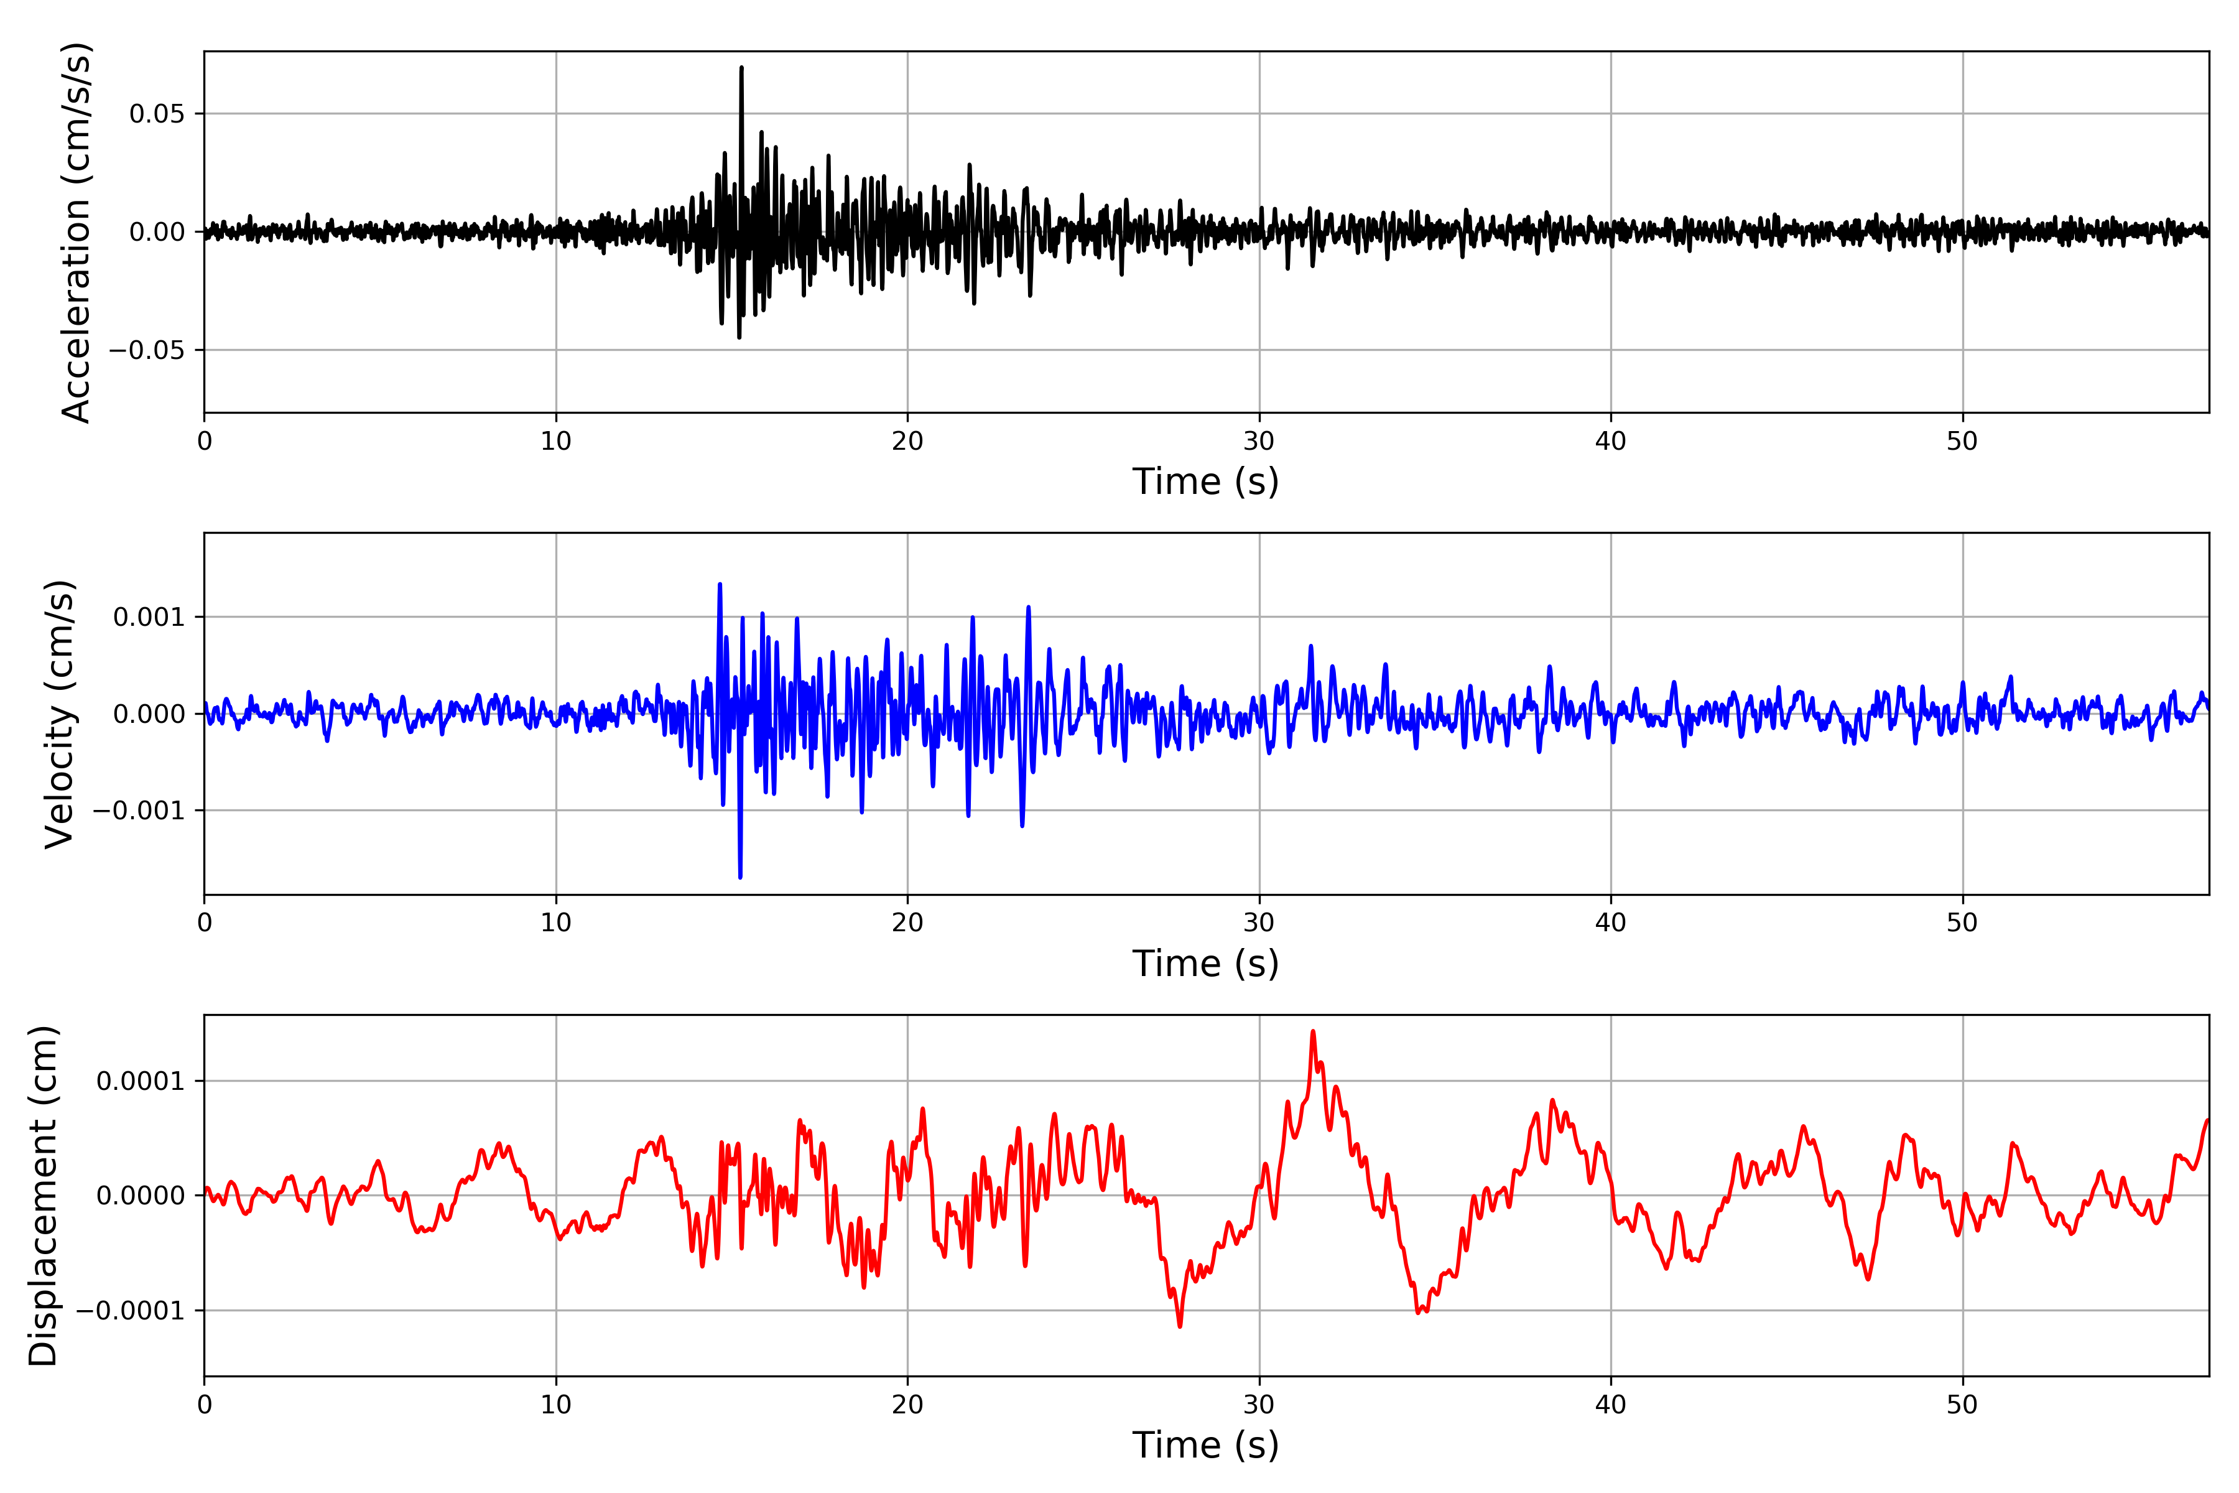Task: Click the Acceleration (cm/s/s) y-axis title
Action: tap(76, 231)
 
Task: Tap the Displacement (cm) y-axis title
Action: tap(44, 1195)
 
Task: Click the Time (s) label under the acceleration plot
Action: tap(1205, 481)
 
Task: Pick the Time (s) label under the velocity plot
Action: tap(1205, 964)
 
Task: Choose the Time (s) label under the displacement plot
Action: tap(1205, 1445)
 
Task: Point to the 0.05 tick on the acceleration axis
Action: tap(157, 114)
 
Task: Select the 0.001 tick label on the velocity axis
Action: tap(149, 617)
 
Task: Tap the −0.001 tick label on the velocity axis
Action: tap(139, 811)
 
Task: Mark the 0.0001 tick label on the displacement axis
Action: tap(140, 1081)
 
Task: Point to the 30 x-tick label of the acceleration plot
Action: tap(1258, 442)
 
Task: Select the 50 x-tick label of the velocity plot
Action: tap(1962, 923)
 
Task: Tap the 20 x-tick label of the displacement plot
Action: tap(907, 1405)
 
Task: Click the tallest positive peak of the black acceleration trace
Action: tap(741, 68)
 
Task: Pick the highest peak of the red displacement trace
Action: tap(1313, 1031)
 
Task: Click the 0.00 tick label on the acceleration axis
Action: tap(157, 232)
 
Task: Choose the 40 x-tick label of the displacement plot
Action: tap(1611, 1405)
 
